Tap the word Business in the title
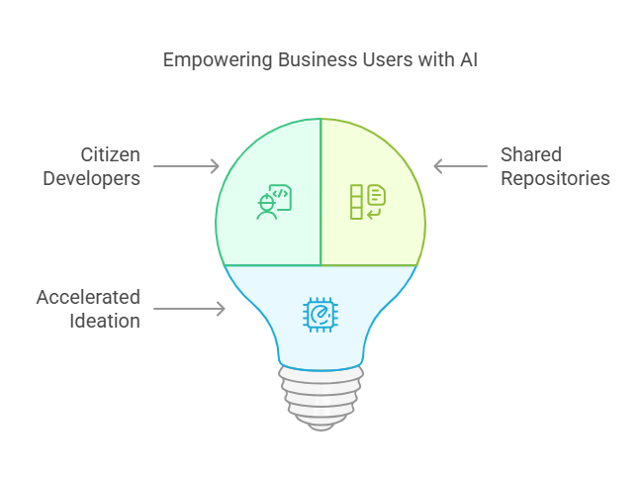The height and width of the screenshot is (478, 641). point(305,60)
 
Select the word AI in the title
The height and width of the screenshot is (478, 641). point(469,60)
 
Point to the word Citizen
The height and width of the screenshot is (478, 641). point(110,155)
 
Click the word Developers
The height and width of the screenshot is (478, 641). point(91,179)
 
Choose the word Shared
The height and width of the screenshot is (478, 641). point(531,155)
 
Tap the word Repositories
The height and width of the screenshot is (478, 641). point(555,179)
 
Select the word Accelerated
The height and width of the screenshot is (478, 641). point(89,298)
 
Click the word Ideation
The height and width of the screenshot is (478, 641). point(106,321)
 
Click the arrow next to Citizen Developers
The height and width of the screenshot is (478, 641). point(188,166)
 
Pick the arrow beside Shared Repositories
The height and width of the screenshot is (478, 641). point(459,166)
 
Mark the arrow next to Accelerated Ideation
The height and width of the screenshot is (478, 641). point(190,310)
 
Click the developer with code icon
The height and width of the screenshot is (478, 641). point(273,201)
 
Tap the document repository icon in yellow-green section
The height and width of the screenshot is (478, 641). point(368,201)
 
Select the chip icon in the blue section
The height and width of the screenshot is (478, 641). point(320,314)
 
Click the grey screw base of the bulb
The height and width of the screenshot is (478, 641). point(320,392)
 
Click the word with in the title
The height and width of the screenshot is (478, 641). point(424,60)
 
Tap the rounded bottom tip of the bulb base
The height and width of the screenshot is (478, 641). point(320,424)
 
